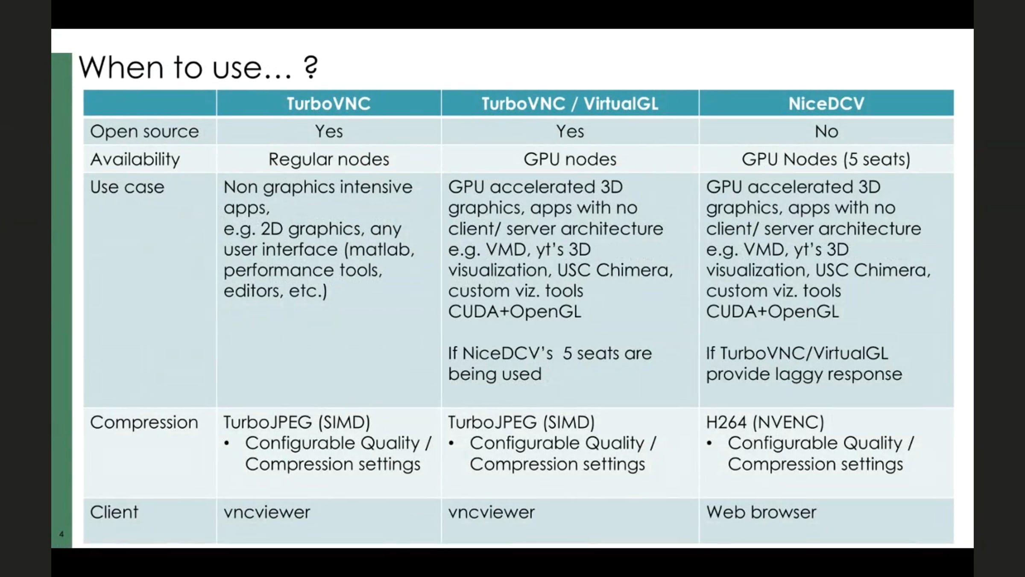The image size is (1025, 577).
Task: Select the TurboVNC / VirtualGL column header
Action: click(570, 103)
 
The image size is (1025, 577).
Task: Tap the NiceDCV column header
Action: click(826, 103)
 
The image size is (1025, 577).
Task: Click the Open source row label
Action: click(144, 132)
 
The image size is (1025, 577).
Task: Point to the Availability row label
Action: click(135, 159)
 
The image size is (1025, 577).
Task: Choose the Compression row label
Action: click(144, 423)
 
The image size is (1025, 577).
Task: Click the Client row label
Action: click(114, 512)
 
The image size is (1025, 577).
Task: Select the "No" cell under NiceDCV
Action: click(826, 132)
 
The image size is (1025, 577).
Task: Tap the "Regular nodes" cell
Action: click(328, 159)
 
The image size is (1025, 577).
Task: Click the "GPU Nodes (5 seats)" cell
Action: click(826, 159)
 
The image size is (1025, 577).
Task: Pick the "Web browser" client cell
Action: click(761, 512)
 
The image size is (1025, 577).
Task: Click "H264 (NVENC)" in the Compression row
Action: click(765, 422)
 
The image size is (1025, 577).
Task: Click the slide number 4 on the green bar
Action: click(61, 534)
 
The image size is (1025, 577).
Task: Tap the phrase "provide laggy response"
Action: click(804, 374)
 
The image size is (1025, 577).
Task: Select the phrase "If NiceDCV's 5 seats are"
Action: click(550, 353)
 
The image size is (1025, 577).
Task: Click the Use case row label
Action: click(127, 187)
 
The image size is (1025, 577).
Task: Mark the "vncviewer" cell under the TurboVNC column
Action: click(266, 512)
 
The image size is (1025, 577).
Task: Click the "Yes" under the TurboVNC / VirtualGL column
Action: click(570, 132)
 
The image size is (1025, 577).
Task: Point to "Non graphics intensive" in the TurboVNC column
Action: click(318, 187)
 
